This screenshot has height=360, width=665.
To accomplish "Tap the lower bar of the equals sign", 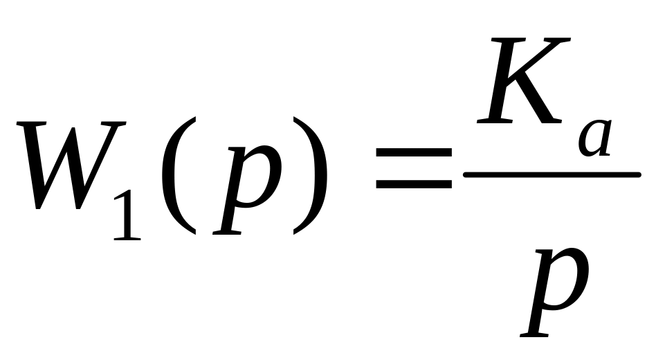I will coord(413,185).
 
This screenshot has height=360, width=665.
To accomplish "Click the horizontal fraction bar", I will coord(550,174).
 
